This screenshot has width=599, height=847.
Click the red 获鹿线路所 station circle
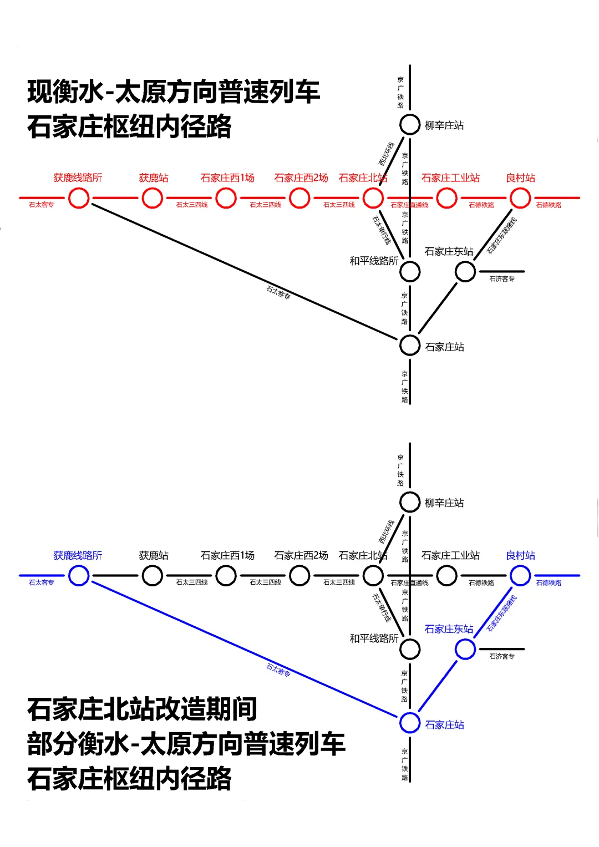79,198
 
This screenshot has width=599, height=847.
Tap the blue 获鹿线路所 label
78,555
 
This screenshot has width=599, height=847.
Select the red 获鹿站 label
154,177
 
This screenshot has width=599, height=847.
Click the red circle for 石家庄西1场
226,198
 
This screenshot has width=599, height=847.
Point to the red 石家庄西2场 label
301,177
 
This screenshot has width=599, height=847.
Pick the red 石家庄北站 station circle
373,198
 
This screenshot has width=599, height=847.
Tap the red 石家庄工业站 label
450,177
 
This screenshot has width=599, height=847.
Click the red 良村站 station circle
520,198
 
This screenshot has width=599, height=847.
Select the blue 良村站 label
520,555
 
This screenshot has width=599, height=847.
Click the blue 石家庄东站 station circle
465,649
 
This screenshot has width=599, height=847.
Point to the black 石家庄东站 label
449,251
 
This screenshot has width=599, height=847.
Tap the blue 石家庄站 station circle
410,723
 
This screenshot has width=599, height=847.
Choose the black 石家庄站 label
444,347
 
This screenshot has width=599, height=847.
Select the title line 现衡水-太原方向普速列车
174,92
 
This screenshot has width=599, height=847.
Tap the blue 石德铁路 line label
549,582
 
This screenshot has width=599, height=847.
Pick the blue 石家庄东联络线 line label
502,613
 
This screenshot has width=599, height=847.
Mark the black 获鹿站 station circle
153,576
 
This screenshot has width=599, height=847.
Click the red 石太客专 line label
42,205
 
